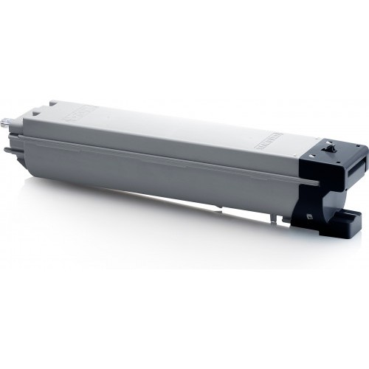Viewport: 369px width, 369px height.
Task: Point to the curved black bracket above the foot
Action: [x=314, y=203]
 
